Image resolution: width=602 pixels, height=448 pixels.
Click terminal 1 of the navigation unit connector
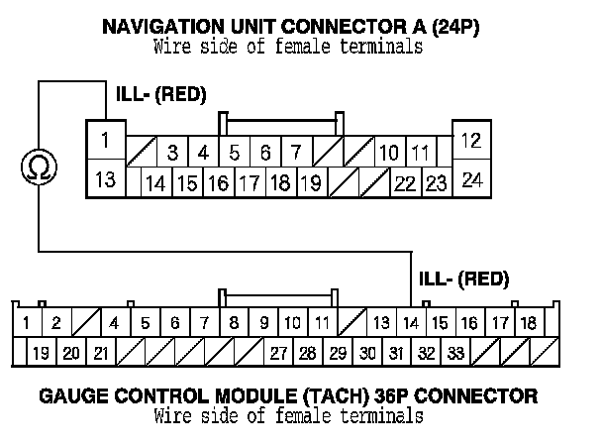click(105, 141)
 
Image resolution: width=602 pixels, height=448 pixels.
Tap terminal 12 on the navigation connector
click(471, 140)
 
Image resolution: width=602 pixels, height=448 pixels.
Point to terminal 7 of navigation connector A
click(295, 153)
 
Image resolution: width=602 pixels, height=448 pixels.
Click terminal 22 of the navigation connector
click(404, 182)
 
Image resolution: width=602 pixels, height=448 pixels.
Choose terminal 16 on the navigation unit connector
click(218, 182)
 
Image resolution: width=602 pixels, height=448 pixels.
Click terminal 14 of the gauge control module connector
click(410, 323)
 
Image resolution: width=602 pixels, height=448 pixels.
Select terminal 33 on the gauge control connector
click(455, 352)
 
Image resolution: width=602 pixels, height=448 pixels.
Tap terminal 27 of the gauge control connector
click(279, 352)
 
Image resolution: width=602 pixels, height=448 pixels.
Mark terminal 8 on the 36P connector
click(234, 323)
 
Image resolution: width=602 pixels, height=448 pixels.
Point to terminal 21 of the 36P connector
click(101, 352)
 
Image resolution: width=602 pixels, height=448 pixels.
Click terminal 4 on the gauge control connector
click(115, 323)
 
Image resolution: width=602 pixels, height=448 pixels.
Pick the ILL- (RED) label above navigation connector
click(160, 95)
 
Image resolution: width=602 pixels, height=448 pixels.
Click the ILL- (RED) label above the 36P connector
click(464, 278)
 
